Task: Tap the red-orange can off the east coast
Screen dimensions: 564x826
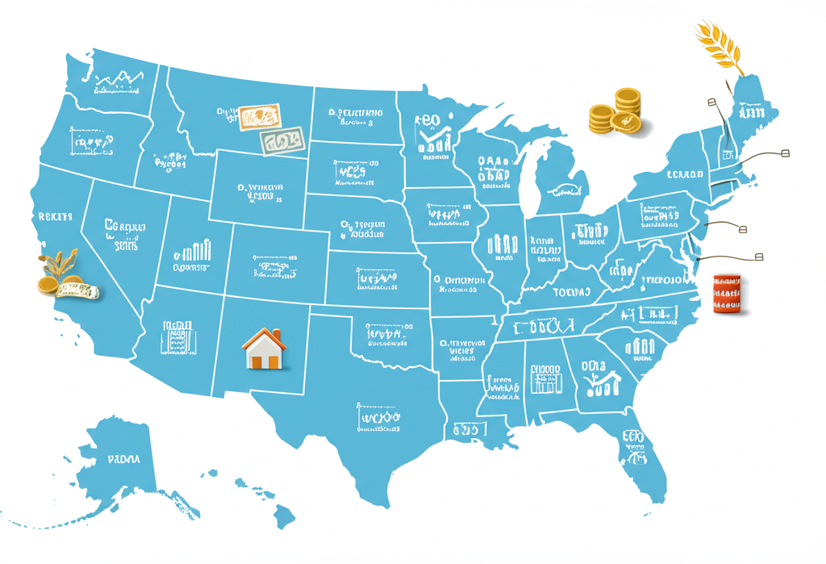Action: (x=726, y=293)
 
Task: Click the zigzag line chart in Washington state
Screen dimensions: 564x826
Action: (x=118, y=78)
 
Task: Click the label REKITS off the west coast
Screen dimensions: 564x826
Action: (x=55, y=217)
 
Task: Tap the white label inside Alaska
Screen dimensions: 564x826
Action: (x=123, y=459)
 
